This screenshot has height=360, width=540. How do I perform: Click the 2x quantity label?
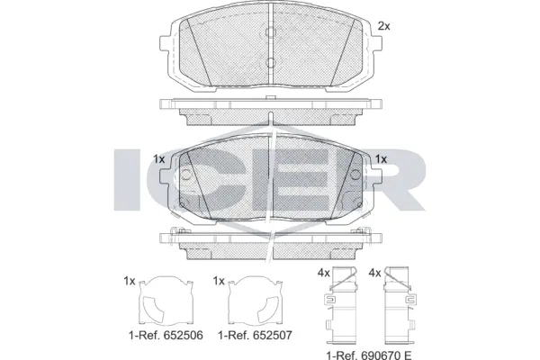tap(384, 26)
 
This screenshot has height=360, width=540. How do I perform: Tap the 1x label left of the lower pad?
tap(159, 159)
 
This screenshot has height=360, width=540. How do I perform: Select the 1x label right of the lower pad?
tap(381, 159)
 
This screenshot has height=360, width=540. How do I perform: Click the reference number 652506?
tap(181, 335)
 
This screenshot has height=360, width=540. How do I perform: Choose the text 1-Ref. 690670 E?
tap(369, 355)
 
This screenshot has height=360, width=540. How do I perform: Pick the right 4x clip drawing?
tap(399, 305)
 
